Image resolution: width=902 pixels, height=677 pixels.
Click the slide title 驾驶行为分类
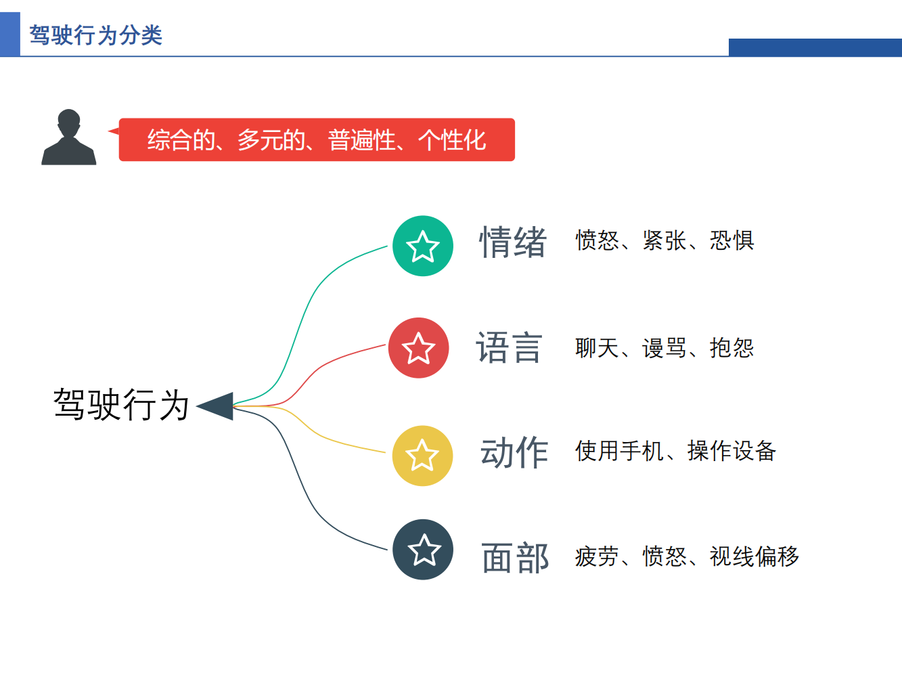pyautogui.click(x=95, y=35)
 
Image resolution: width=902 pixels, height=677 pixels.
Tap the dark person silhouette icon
pyautogui.click(x=68, y=138)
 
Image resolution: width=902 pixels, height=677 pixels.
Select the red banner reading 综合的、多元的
pyautogui.click(x=317, y=140)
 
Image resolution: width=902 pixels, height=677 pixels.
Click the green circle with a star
pyautogui.click(x=423, y=246)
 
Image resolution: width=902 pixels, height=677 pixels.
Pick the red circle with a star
pyautogui.click(x=418, y=348)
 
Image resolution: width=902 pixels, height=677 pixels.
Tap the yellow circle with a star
pyautogui.click(x=422, y=456)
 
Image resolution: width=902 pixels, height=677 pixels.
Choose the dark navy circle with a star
pyautogui.click(x=423, y=550)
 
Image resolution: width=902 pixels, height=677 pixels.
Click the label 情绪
pyautogui.click(x=513, y=242)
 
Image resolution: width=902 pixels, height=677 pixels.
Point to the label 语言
pyautogui.click(x=510, y=348)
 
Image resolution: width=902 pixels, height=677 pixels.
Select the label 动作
pyautogui.click(x=514, y=452)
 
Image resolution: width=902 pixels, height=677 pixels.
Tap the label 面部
pyautogui.click(x=515, y=558)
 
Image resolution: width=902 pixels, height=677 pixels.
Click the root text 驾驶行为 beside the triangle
pyautogui.click(x=121, y=405)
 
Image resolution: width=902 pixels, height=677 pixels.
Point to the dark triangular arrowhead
pyautogui.click(x=219, y=406)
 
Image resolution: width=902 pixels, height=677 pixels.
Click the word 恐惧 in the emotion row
pyautogui.click(x=732, y=240)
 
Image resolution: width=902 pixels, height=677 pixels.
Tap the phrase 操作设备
pyautogui.click(x=731, y=451)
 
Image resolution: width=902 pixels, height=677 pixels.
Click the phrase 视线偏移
pyautogui.click(x=754, y=556)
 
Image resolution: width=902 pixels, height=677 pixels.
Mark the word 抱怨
pyautogui.click(x=732, y=348)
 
